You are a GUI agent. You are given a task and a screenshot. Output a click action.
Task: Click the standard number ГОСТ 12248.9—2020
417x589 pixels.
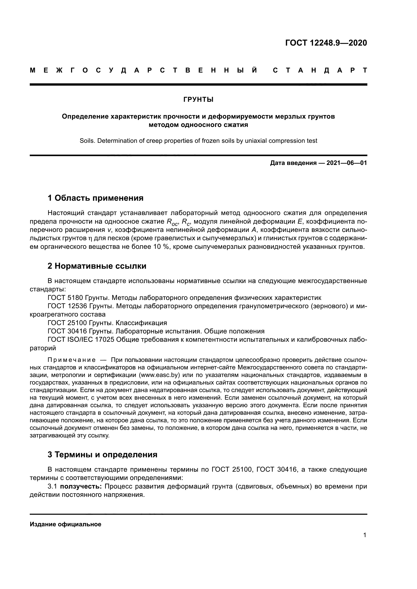326,43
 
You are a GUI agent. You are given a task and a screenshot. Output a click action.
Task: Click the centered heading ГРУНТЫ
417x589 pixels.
198,99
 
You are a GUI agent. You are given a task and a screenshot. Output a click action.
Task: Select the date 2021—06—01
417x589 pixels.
346,163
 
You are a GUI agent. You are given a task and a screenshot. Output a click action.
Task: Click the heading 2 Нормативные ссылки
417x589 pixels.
97,266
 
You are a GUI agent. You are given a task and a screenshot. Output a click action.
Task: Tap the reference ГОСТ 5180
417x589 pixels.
65,298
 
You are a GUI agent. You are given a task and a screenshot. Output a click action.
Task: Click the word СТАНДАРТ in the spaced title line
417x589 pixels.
320,70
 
